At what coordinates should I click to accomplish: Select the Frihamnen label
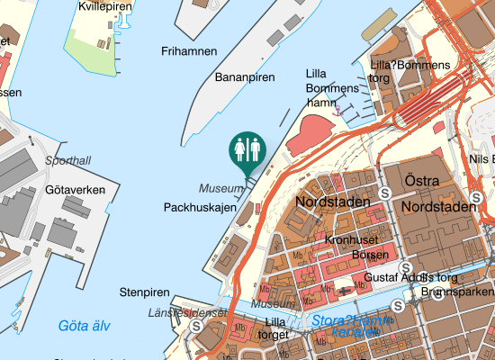coord(189,51)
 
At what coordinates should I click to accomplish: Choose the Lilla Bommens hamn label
coord(331,88)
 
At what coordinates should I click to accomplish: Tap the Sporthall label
coord(67,161)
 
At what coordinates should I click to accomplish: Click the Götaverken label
coord(81,190)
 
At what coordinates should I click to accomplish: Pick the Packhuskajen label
coord(200,207)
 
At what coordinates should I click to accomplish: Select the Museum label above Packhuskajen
coord(221,189)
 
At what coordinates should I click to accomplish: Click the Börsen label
coord(370,256)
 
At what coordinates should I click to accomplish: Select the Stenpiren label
coord(144,292)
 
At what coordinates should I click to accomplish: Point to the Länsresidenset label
coord(186,312)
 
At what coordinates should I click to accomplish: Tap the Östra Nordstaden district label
coord(438,194)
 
